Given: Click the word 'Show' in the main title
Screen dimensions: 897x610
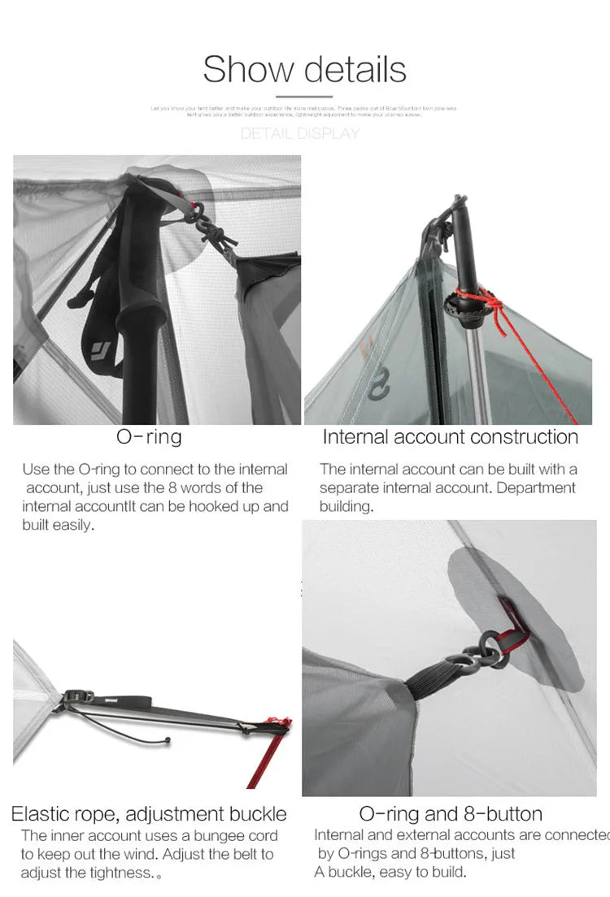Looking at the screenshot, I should tap(249, 69).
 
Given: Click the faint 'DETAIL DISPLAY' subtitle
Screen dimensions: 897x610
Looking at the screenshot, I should tap(300, 133).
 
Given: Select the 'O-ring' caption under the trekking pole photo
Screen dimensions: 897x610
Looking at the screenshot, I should tap(149, 437).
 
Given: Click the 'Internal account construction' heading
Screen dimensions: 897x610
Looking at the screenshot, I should tap(450, 437).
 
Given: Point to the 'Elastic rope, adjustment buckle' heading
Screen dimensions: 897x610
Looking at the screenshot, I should tap(149, 813).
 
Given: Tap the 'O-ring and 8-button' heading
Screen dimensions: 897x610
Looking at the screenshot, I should tap(451, 813).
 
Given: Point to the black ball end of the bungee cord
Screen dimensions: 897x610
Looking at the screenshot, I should tap(168, 740).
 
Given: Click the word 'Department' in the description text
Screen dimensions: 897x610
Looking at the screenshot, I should tap(535, 488).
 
